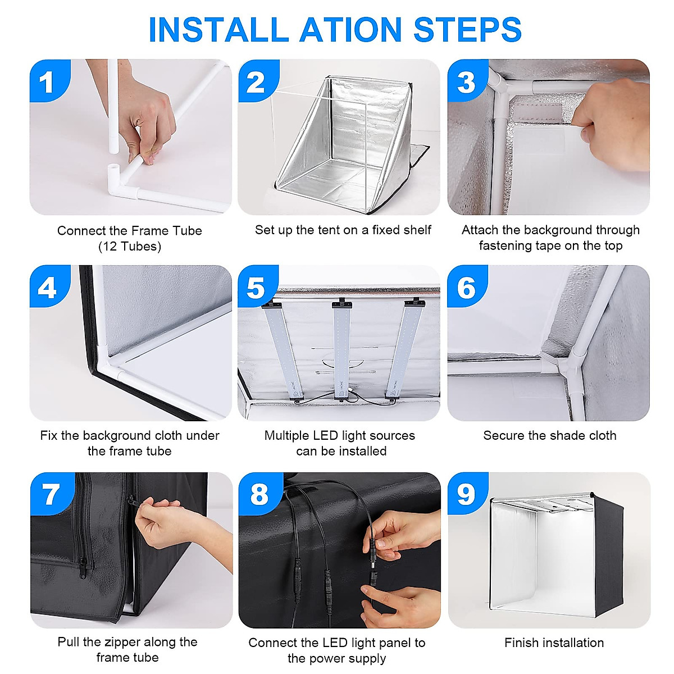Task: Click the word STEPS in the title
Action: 467,29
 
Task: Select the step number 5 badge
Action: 258,286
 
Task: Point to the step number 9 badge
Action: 467,494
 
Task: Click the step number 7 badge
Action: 52,494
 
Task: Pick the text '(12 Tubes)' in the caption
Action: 129,247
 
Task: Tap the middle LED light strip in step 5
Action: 341,350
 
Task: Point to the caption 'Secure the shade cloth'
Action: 549,436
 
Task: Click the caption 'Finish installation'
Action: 554,643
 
